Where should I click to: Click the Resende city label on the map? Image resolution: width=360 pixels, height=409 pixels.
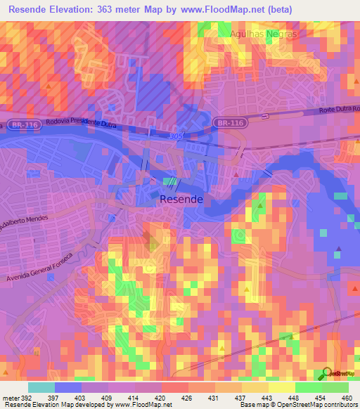pos(181,200)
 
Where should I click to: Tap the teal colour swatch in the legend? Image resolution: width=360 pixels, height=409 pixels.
pos(41,387)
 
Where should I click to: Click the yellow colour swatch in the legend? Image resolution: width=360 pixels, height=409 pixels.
pos(282,387)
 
